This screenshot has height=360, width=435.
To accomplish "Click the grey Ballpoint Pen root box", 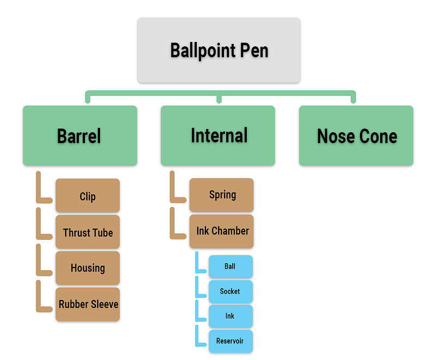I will tap(219, 50).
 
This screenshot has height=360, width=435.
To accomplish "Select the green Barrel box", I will tap(79, 135).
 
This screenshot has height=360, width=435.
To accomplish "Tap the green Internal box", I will tap(218, 135).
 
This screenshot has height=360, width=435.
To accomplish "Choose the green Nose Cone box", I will tap(356, 135).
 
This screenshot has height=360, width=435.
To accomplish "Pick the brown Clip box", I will tap(88, 196).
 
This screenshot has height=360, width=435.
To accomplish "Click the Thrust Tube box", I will tap(88, 232).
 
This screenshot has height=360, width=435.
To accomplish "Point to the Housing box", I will tap(88, 268).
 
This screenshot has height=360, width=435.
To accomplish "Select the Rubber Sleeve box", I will tap(88, 304).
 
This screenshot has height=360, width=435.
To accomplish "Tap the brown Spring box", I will tap(222, 195).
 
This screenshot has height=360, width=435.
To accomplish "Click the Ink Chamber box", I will tap(222, 231).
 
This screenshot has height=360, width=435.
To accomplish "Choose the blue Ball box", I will tap(231, 266).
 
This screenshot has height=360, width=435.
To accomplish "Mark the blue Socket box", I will tap(231, 291).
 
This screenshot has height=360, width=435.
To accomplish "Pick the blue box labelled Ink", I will tap(231, 316).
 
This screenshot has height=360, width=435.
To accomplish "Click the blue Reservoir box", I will tap(231, 341).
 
